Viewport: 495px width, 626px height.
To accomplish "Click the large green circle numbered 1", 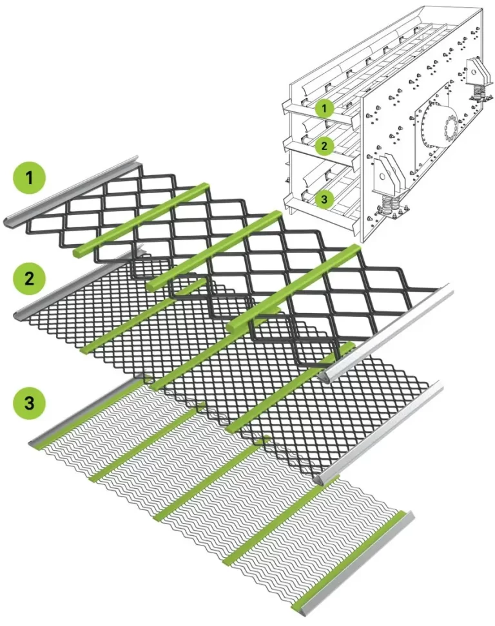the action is (x=30, y=178).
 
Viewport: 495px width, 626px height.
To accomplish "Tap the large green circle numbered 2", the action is (x=30, y=278).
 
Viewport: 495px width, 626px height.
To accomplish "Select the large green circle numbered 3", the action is (x=30, y=402).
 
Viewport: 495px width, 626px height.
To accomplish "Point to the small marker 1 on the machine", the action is (x=324, y=108).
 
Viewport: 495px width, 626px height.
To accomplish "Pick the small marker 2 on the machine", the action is (x=324, y=146).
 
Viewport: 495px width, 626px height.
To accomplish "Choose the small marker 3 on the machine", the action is (x=324, y=198).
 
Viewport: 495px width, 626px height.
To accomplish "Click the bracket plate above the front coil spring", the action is (x=387, y=176).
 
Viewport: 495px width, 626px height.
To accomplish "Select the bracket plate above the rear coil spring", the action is (x=477, y=72).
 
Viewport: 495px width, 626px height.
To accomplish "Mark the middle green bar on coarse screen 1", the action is (x=215, y=250).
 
